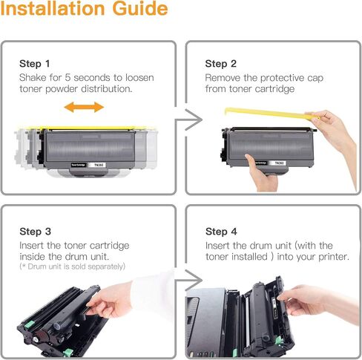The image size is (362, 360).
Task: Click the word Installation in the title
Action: tap(53, 8)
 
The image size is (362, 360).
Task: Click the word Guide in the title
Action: tap(140, 8)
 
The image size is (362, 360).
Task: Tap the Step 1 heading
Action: tap(35, 64)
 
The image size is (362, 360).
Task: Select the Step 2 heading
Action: tap(221, 64)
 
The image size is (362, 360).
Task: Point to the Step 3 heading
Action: tap(35, 232)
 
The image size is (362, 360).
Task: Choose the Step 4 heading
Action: tap(221, 232)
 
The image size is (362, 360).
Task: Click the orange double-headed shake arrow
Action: tap(84, 107)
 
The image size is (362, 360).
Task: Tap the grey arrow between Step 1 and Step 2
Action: tap(188, 120)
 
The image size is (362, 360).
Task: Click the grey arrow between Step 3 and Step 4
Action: tap(188, 281)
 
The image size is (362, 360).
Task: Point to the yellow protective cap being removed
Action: tap(269, 114)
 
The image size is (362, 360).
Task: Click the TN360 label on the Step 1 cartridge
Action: tap(99, 165)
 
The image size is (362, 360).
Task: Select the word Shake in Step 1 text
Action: tap(33, 78)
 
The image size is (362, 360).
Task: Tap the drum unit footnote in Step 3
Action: tap(73, 266)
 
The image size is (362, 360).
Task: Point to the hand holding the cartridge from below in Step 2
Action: tap(261, 173)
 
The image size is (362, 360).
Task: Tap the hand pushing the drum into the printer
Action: tap(319, 303)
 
